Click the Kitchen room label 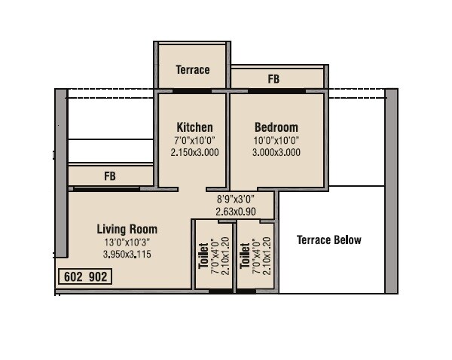point(194,127)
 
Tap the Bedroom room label point(276,127)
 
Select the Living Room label point(127,229)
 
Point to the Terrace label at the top point(193,70)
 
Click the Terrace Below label point(328,240)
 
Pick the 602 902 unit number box point(86,277)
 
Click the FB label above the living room point(110,176)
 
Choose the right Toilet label point(244,256)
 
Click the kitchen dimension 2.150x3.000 point(194,151)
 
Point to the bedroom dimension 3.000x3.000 point(276,151)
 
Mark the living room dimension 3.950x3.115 point(127,255)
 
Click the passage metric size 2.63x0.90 point(235,212)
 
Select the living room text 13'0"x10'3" point(127,243)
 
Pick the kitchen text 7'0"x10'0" point(194,140)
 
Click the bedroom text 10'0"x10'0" point(276,140)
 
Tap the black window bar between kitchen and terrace point(191,91)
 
